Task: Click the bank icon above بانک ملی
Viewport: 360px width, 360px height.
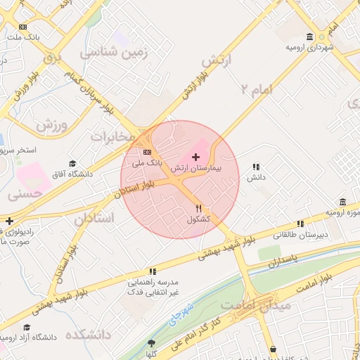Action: point(147,152)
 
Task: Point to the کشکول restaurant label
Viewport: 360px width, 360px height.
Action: point(199,219)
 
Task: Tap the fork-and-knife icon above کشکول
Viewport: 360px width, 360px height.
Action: point(199,208)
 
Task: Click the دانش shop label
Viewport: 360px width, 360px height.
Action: point(255,178)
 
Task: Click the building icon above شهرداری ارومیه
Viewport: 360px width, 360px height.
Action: point(310,37)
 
